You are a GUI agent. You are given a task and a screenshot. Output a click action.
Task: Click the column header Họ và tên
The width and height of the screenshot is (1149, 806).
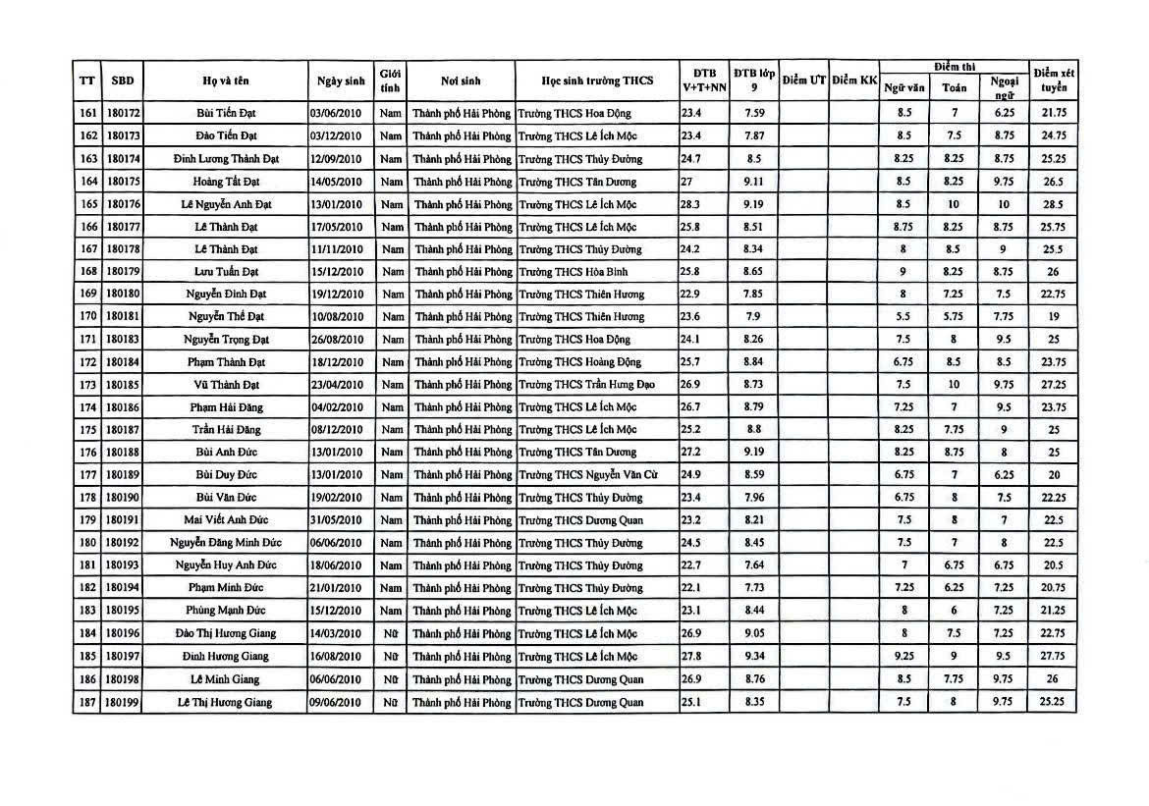coord(224,81)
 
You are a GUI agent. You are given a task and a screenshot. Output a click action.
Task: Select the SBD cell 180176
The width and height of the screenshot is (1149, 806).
coord(122,204)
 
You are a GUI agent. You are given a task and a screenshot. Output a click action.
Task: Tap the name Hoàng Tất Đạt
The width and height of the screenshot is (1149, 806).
coord(224,182)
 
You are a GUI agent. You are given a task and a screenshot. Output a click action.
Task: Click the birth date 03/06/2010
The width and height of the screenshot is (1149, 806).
coord(336,114)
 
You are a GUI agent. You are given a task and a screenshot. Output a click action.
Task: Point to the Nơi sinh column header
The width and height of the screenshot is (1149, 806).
coord(460,81)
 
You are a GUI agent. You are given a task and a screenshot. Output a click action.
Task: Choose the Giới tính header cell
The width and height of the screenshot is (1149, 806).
coord(390,81)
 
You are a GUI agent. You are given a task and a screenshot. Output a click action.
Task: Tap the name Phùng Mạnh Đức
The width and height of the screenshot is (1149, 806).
coord(224,611)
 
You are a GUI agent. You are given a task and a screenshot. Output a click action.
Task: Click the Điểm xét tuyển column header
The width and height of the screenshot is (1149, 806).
coord(1054,81)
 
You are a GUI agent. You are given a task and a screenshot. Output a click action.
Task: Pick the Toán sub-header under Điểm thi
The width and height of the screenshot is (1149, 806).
coord(954,87)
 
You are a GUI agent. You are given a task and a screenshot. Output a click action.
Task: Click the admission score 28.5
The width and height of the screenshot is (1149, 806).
coord(1054,204)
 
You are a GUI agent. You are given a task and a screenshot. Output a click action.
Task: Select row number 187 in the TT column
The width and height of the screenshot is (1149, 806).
coord(85,702)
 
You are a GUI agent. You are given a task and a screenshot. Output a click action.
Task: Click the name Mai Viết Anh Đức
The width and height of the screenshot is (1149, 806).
coord(224,520)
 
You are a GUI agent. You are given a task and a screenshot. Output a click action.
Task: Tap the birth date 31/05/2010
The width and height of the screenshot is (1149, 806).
coord(336,520)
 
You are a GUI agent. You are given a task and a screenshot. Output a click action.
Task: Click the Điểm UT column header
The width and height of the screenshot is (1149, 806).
coord(803,81)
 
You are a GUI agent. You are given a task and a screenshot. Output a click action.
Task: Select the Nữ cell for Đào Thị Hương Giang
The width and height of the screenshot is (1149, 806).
coord(390,633)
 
